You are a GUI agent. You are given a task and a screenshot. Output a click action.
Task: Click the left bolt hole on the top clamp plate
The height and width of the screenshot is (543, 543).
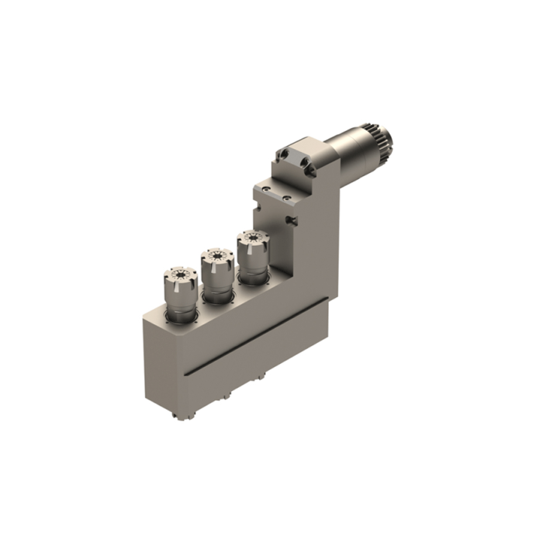[287, 155]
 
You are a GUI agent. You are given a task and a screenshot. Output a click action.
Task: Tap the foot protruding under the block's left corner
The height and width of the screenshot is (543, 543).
[185, 417]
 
